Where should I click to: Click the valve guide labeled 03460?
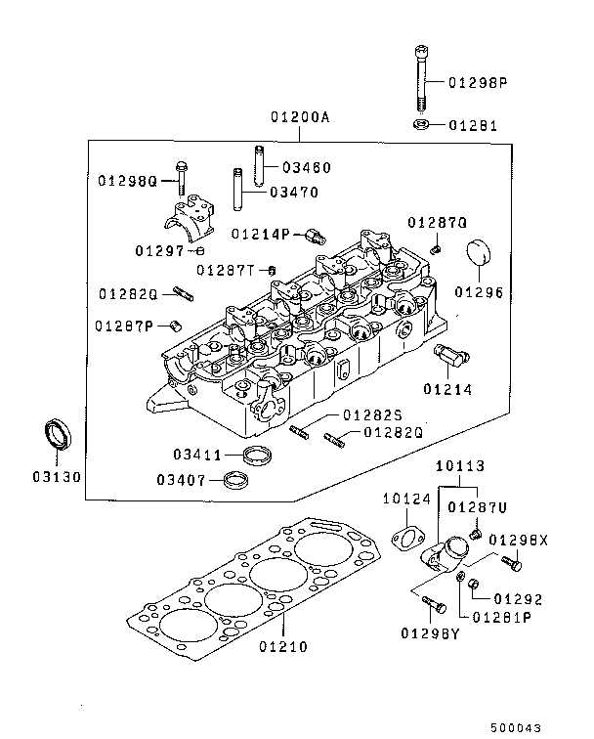[x=260, y=163]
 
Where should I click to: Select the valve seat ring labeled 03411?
[x=258, y=455]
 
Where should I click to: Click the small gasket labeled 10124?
[x=404, y=538]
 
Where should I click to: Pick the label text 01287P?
[x=124, y=326]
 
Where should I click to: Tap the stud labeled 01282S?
[x=300, y=430]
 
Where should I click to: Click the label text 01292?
[x=518, y=598]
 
